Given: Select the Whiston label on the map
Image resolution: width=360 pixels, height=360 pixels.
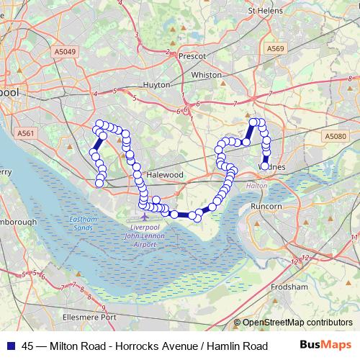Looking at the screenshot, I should (x=207, y=75).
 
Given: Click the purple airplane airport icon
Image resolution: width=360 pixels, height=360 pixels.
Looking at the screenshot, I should (x=145, y=215).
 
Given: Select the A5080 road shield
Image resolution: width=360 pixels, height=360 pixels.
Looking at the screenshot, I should (x=335, y=136).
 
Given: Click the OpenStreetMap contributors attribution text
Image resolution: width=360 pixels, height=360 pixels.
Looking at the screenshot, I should (x=297, y=323).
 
